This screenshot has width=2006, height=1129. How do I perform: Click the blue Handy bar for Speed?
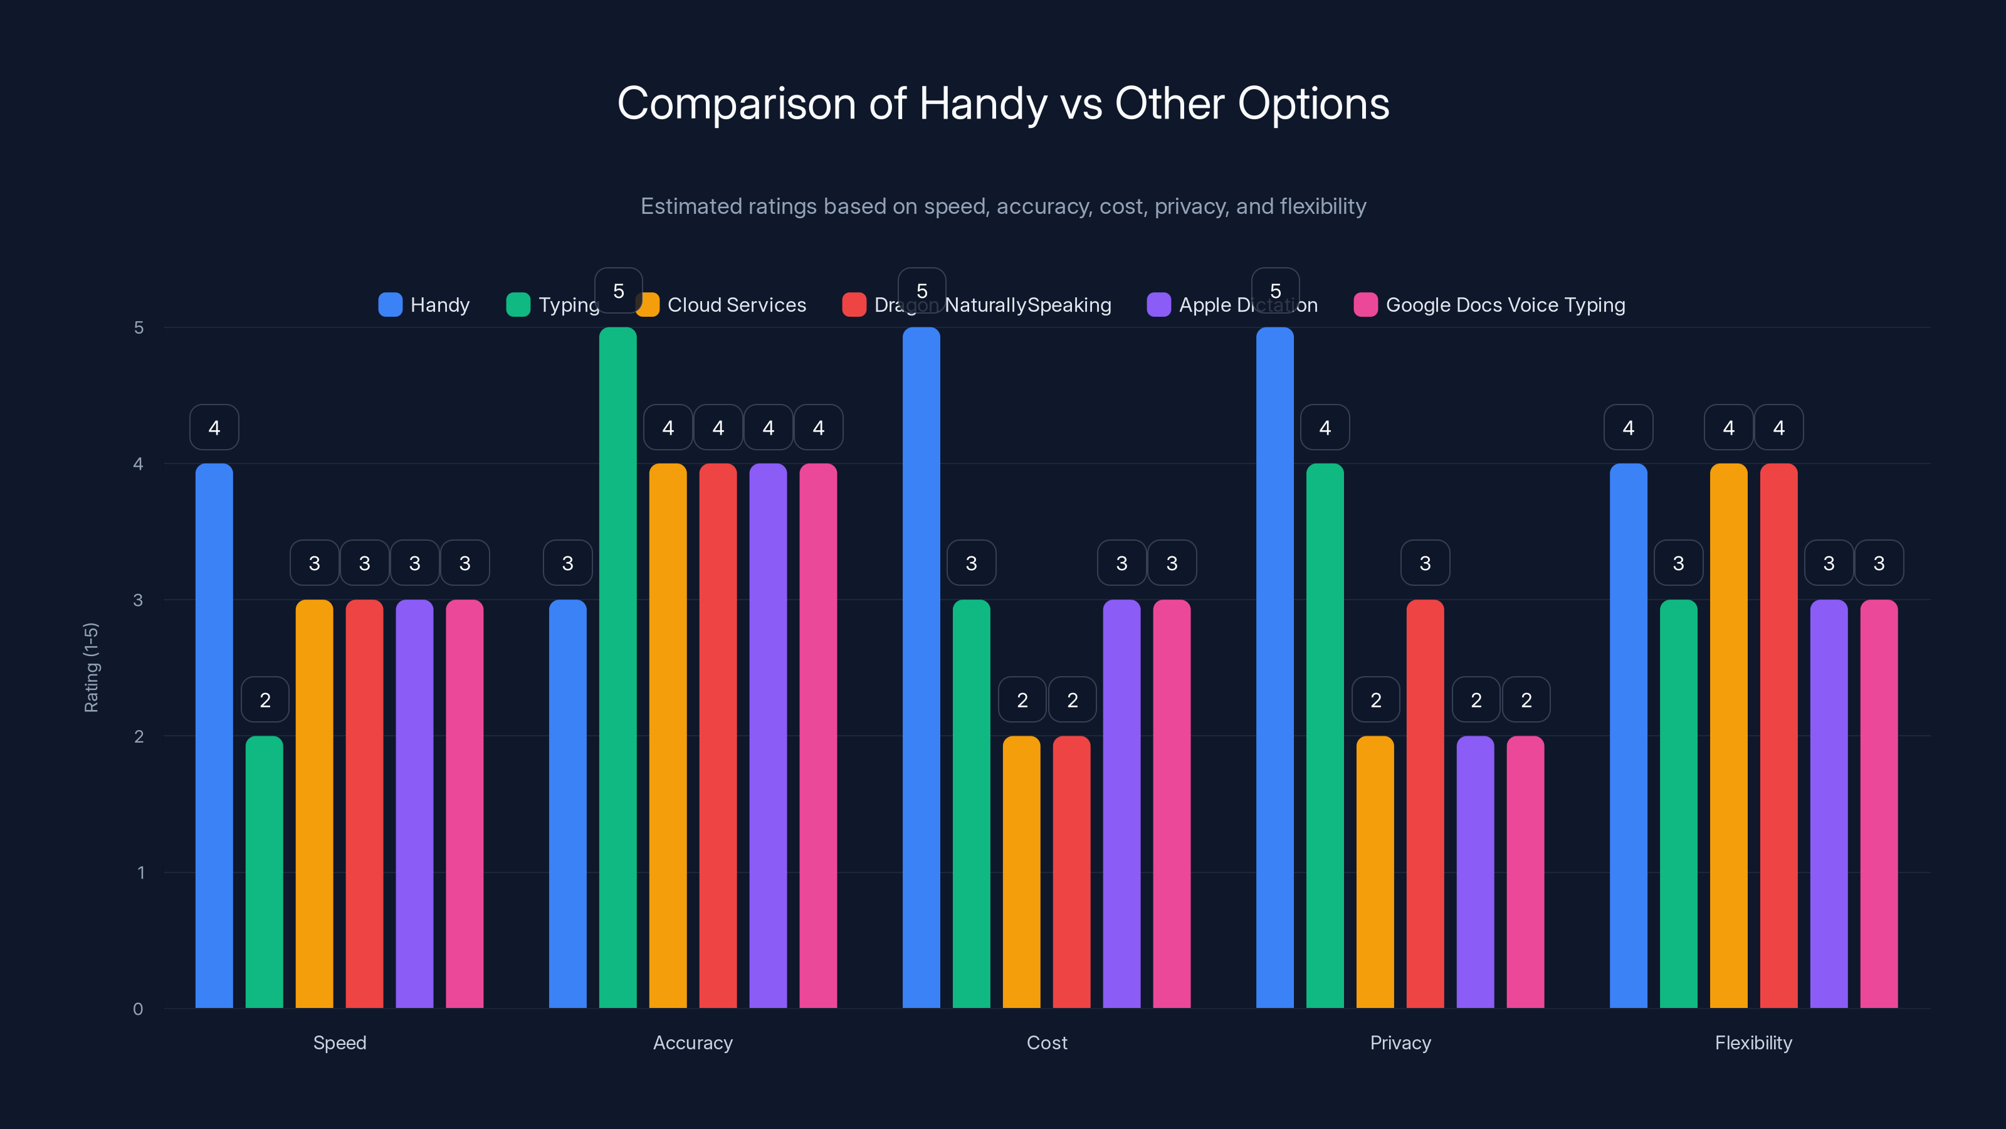pos(214,736)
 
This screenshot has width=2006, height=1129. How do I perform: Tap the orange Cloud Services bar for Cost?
pos(1021,872)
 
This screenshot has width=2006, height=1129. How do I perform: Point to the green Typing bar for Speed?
pos(264,872)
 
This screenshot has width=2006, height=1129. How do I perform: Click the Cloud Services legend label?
pos(736,305)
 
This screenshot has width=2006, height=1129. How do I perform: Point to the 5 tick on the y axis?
pos(139,327)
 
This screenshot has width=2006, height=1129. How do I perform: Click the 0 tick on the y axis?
pos(138,1009)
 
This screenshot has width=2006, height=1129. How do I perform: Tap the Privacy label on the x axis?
pos(1400,1042)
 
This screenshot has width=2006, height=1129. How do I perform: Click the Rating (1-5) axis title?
pos(91,668)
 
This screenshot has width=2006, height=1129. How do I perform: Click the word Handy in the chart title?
pos(983,103)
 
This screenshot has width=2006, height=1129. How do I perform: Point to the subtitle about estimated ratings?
pos(1003,206)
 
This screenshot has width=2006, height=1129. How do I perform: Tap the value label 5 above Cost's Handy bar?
pos(922,290)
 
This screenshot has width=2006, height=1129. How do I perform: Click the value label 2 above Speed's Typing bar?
pos(265,700)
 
